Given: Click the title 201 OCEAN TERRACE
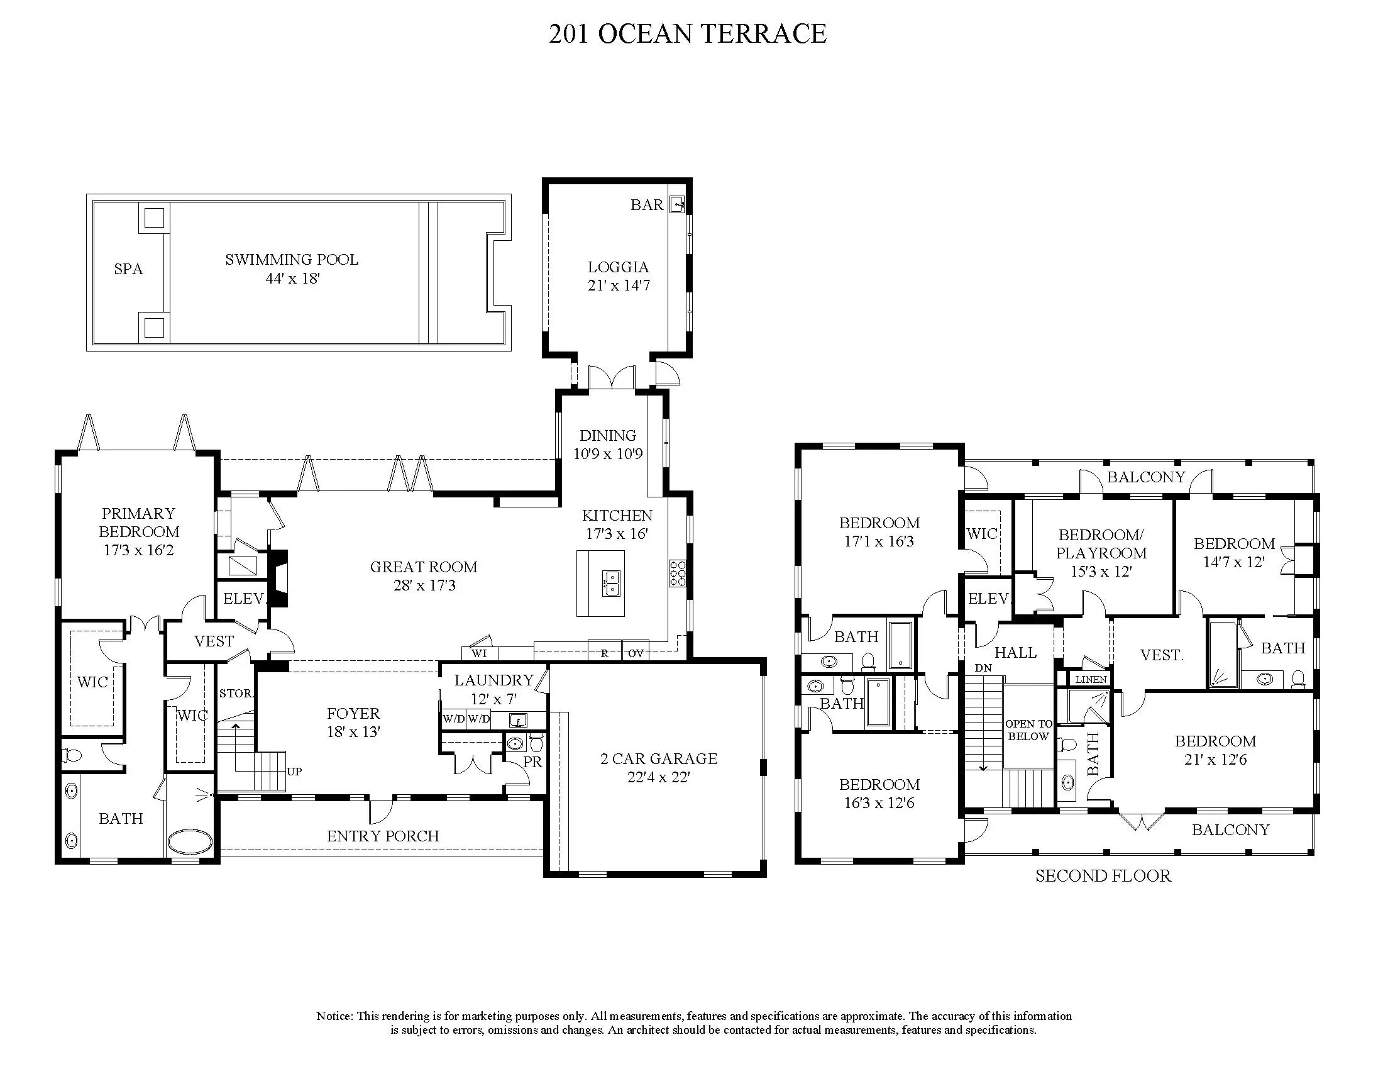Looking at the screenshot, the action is coord(687,33).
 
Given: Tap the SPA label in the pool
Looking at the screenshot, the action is coord(128,269).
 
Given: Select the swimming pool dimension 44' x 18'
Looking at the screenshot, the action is coord(292,279).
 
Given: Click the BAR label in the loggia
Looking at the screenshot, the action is coord(646,204).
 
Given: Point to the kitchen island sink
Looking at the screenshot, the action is coord(612,584).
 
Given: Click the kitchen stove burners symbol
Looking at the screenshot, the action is coord(677,573).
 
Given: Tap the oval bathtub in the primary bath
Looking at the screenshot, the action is coord(190,841).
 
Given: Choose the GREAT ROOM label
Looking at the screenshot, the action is coord(424,567).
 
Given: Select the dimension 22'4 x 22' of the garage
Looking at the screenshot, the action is coord(659,777).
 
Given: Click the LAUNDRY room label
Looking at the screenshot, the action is coord(494,680).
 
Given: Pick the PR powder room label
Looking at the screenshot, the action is coord(532,762).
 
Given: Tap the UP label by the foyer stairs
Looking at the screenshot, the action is coord(294,772).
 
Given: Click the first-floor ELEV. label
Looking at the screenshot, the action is coord(244,599).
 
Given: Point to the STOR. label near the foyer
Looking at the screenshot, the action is coord(236,694).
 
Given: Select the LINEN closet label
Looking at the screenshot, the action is coord(1091,680).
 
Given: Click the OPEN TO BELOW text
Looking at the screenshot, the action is coord(1029,730).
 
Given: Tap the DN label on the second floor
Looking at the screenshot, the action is coord(983,668).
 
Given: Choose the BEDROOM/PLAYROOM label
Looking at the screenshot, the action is coord(1101,544).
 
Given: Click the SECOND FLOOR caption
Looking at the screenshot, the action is coord(1103,876).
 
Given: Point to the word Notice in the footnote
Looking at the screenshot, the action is coord(334,1016).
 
